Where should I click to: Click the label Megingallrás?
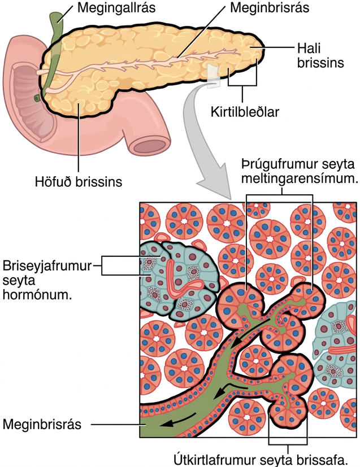click(x=116, y=8)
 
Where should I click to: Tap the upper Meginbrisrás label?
click(x=270, y=7)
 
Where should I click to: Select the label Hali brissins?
click(x=320, y=55)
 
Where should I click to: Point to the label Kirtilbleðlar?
click(x=245, y=112)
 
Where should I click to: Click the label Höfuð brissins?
click(x=79, y=182)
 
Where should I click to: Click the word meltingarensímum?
click(x=300, y=178)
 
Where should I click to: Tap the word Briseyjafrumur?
click(x=47, y=265)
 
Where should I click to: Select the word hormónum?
click(x=37, y=295)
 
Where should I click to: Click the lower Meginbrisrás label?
click(x=42, y=425)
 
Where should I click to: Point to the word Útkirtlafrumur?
click(x=215, y=460)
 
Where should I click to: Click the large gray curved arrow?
click(x=197, y=134)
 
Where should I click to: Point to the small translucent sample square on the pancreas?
click(x=214, y=76)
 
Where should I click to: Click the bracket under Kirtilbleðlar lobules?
click(x=242, y=85)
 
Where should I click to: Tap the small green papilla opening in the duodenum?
click(x=37, y=98)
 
